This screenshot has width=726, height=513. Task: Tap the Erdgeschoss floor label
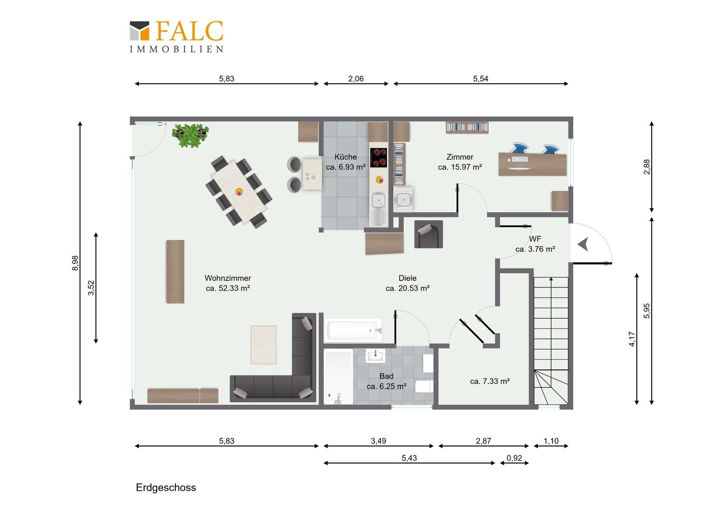[166, 488]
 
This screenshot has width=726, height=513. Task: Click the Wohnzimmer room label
[228, 278]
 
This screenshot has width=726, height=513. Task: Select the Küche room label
[346, 157]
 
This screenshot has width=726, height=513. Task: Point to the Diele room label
[408, 278]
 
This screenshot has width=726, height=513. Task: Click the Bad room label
[386, 376]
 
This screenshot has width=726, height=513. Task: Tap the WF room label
[535, 239]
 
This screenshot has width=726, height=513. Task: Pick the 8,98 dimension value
[75, 263]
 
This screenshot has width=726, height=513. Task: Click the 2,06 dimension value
[356, 79]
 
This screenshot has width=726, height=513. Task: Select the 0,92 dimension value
[514, 458]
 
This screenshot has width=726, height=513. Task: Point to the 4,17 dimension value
[632, 339]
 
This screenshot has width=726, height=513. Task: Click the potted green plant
[190, 135]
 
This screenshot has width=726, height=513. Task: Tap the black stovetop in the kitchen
[379, 158]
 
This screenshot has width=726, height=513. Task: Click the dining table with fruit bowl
[239, 192]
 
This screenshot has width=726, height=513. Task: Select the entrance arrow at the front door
[583, 244]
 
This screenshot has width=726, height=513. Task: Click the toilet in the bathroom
[424, 386]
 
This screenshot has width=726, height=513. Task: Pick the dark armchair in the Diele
[428, 234]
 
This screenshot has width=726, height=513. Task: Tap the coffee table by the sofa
[264, 345]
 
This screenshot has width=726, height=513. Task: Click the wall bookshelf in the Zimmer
[467, 127]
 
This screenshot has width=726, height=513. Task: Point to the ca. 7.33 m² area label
[490, 381]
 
